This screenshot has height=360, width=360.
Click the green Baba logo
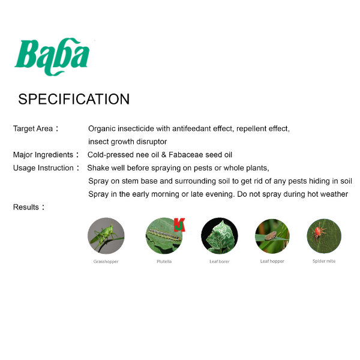52,56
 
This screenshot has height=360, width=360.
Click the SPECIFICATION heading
74,99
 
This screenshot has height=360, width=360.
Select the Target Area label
36,128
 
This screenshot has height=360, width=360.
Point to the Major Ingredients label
46,155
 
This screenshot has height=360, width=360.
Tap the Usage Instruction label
46,168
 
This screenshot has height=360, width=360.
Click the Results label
29,207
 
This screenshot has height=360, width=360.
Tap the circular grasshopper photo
106,236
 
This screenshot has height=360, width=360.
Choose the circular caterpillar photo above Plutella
164,236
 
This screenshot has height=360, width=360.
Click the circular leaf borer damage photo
220,236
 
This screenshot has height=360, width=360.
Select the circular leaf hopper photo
272,236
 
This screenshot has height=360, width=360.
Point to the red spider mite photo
324,236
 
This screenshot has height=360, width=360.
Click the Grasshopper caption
106,262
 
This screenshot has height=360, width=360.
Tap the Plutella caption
164,261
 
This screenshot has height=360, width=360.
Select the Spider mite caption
324,261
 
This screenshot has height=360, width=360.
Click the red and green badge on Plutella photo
179,225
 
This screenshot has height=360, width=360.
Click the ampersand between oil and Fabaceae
164,155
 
